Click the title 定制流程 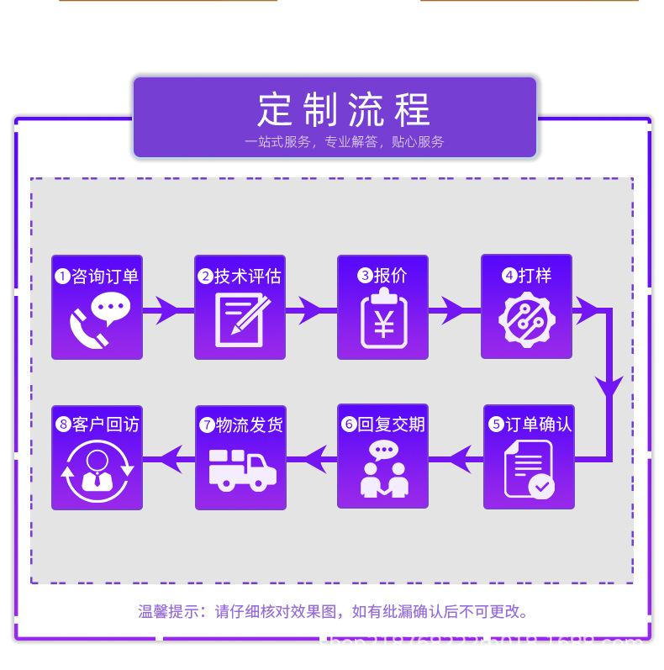[x=343, y=109]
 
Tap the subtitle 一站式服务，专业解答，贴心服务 [x=344, y=142]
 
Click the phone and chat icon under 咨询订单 [x=96, y=320]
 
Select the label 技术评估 [x=248, y=277]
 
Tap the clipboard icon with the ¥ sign [x=382, y=320]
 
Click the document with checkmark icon [x=529, y=469]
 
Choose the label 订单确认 [x=538, y=425]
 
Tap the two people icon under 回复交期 [x=382, y=469]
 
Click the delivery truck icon [x=240, y=469]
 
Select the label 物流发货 [x=249, y=425]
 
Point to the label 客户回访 [x=106, y=425]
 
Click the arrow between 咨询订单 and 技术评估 [x=168, y=311]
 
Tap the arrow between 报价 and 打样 [x=454, y=311]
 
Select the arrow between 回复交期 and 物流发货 [x=312, y=459]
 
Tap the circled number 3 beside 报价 [x=365, y=276]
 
